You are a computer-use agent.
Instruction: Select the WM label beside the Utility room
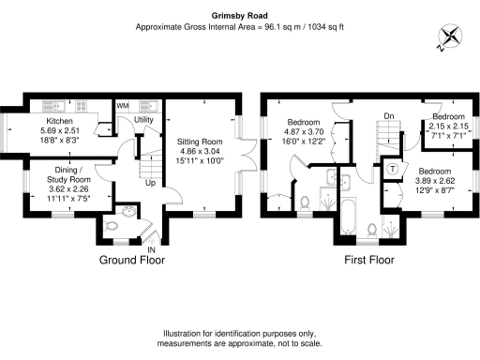tap(123, 105)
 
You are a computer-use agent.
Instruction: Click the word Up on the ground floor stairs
tap(150, 182)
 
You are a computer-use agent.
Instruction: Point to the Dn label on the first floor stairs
tap(385, 116)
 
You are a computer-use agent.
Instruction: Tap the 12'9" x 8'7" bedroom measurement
tap(436, 190)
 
